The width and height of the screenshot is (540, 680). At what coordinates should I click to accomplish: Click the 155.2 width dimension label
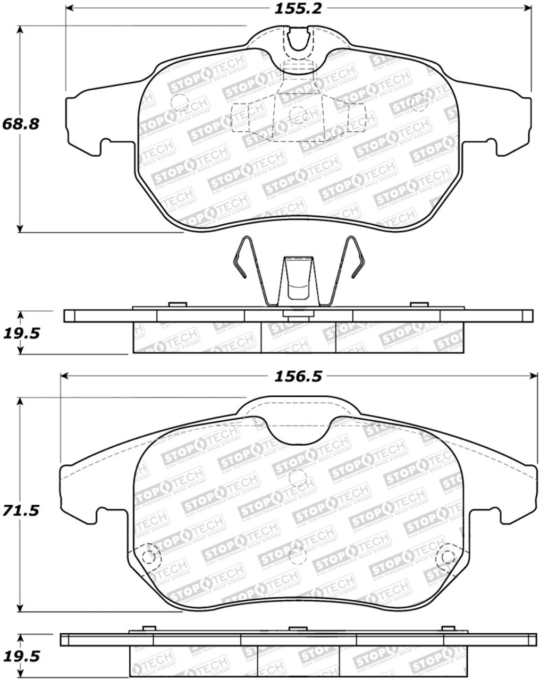tap(299, 8)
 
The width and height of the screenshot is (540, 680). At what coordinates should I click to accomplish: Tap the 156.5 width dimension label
tap(298, 376)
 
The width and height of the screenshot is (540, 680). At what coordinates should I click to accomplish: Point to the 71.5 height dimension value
tap(21, 511)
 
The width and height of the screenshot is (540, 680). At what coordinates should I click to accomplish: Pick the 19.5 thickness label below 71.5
tap(21, 657)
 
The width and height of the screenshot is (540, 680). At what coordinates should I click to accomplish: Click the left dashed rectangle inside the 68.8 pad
tap(241, 117)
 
